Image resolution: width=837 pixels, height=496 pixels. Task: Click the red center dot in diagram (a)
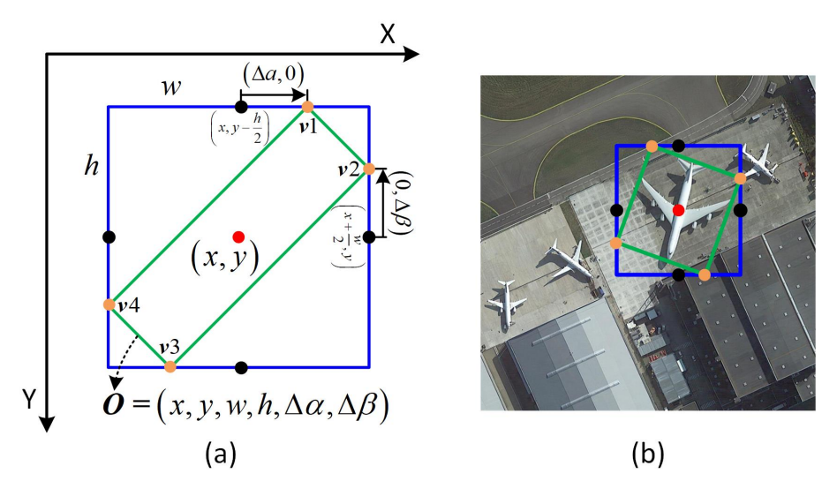pos(238,237)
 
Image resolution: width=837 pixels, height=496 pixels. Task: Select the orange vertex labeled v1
pos(307,107)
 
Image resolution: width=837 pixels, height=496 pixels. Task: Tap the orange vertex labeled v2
pos(369,169)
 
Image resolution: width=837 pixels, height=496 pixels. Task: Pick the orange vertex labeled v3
pos(170,365)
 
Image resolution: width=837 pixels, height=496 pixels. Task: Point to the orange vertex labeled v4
pos(109,304)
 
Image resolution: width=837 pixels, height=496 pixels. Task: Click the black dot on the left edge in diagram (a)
pos(109,237)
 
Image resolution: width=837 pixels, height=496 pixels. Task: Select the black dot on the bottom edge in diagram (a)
pos(243,365)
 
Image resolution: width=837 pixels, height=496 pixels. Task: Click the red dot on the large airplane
pos(678,210)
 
